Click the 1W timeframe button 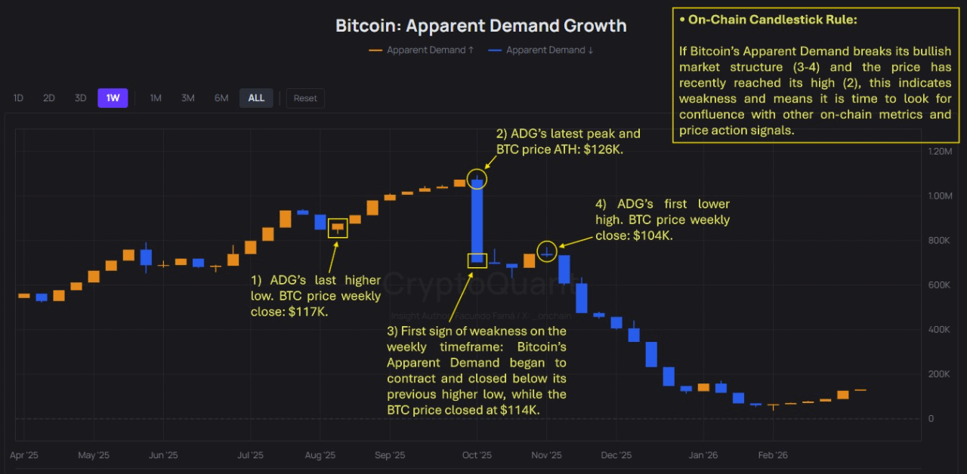(x=113, y=98)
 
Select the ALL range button (x=256, y=98)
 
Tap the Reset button (x=305, y=98)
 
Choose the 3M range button (x=188, y=98)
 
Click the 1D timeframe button (x=18, y=98)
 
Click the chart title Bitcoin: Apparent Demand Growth (x=481, y=26)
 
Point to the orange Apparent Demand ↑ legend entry (x=422, y=51)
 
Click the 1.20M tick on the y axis (x=940, y=152)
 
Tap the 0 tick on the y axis (x=931, y=419)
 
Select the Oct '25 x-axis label (x=477, y=455)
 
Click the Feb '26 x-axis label (x=772, y=455)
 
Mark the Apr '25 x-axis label (x=25, y=455)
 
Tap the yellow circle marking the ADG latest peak (x=477, y=179)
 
